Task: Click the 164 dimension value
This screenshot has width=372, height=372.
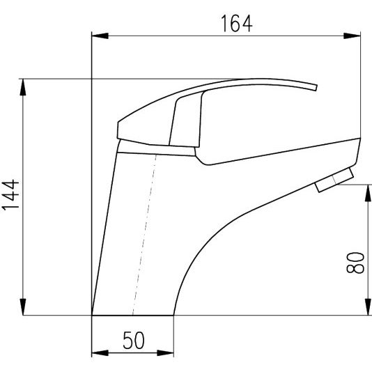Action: pyautogui.click(x=237, y=24)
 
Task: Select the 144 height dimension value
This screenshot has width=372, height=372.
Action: pyautogui.click(x=10, y=195)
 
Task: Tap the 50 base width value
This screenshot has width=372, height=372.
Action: pyautogui.click(x=133, y=340)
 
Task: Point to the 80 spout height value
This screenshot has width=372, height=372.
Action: pyautogui.click(x=355, y=263)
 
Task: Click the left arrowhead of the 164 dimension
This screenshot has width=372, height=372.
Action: pyautogui.click(x=100, y=36)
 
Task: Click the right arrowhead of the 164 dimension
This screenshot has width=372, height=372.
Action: pyautogui.click(x=352, y=36)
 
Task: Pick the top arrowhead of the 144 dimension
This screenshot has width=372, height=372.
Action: pyautogui.click(x=23, y=87)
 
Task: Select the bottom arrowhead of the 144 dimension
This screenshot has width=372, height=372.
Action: pyautogui.click(x=23, y=307)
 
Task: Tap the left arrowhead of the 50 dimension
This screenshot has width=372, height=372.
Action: pyautogui.click(x=100, y=352)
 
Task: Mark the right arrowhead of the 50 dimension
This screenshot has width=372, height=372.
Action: pyautogui.click(x=165, y=352)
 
